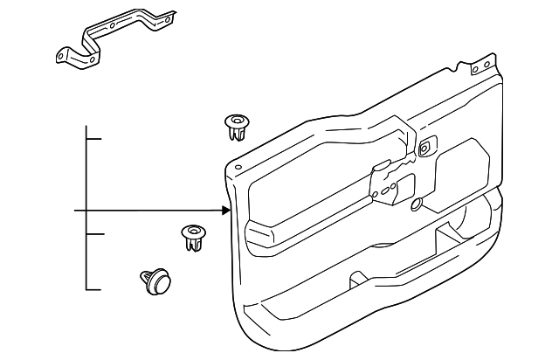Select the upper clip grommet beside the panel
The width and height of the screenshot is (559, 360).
pyautogui.click(x=235, y=126)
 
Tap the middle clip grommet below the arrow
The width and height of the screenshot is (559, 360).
pyautogui.click(x=193, y=237)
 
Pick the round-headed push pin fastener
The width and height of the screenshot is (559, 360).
pyautogui.click(x=155, y=282)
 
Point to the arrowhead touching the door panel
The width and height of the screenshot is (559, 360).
pyautogui.click(x=227, y=211)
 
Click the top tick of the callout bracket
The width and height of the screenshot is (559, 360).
pyautogui.click(x=94, y=138)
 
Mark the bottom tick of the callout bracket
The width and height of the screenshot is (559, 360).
pyautogui.click(x=94, y=288)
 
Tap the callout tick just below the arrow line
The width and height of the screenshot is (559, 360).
pyautogui.click(x=94, y=234)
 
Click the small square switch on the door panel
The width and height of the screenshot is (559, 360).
pyautogui.click(x=424, y=148)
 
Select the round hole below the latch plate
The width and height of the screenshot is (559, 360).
pyautogui.click(x=415, y=206)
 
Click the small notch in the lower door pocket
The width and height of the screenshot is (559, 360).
pyautogui.click(x=357, y=280)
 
